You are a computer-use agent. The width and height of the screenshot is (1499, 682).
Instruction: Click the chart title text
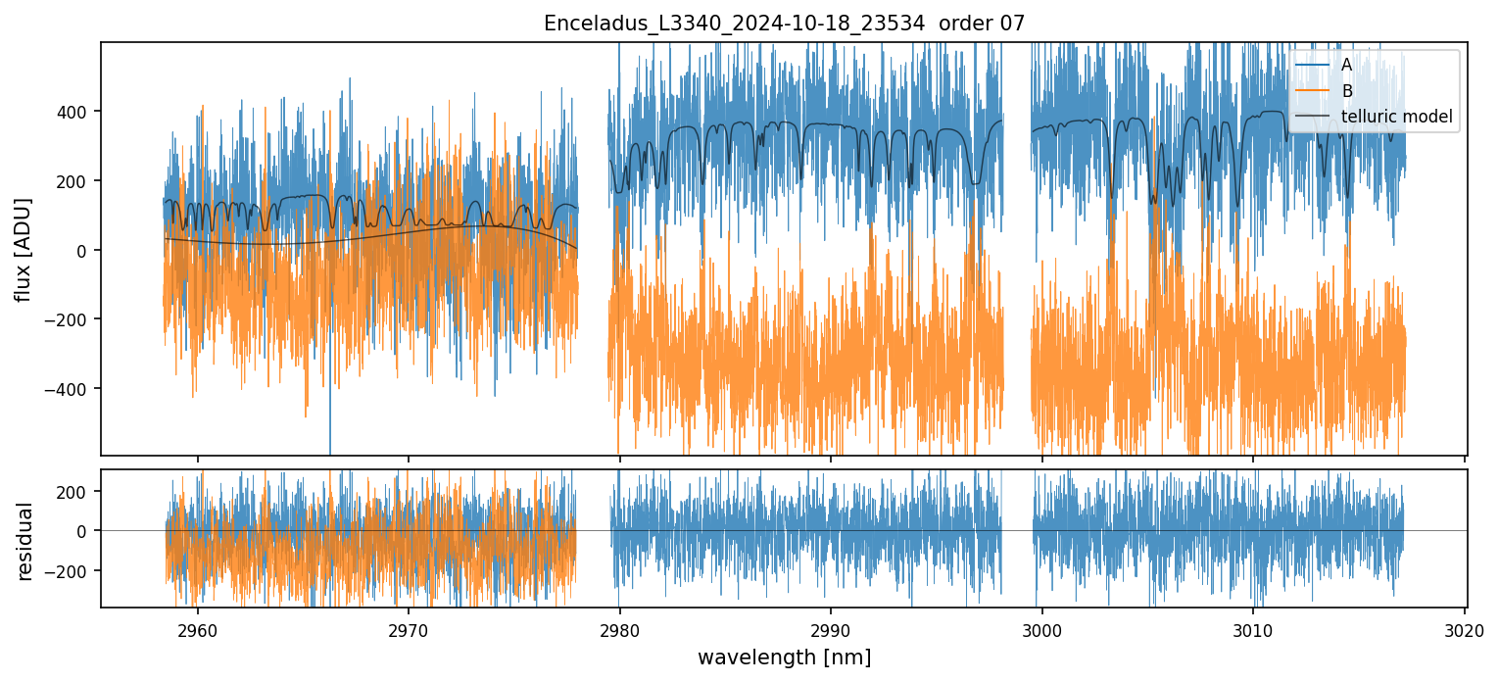(784, 24)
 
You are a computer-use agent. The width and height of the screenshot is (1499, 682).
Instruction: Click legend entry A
(1346, 65)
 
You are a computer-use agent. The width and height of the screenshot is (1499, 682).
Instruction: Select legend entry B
(1346, 91)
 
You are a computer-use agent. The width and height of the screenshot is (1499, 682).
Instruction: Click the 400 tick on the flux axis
(76, 112)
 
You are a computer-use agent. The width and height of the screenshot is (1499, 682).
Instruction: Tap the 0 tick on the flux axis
(86, 251)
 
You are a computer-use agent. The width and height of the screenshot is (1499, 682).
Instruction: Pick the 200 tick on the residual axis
(76, 490)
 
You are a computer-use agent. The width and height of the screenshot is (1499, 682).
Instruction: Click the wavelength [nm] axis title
(784, 657)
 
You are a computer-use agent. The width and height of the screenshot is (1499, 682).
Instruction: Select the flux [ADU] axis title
(23, 249)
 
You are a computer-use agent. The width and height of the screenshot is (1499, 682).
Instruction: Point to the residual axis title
(24, 541)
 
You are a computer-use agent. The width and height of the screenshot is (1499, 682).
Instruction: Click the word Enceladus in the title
(585, 24)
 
